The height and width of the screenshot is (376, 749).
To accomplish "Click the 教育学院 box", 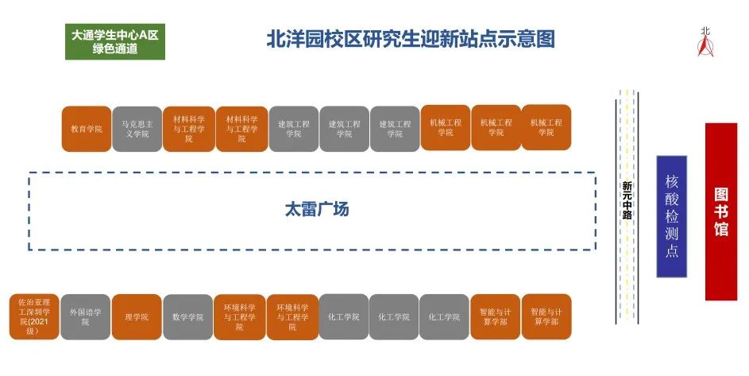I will point(87,128).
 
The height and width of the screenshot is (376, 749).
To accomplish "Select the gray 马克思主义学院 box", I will point(137,128).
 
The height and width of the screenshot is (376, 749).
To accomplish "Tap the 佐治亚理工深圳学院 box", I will point(34,316).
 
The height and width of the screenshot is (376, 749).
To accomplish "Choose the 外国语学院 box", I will point(85,316).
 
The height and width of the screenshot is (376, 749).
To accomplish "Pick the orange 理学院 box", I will point(137,316).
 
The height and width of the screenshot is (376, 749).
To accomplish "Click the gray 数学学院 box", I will point(187,316).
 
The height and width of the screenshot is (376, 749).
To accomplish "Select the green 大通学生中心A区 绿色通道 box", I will point(115,41).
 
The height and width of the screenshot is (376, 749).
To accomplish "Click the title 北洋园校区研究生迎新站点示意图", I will point(410,39).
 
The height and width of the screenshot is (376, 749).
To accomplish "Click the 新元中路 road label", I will point(627,200).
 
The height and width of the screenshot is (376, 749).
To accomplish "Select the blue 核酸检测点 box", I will point(671,215).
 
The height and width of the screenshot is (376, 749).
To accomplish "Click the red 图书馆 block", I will point(721,211).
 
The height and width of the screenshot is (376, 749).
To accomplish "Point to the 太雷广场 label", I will point(317,210).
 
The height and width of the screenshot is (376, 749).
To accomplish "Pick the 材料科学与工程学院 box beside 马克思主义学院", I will point(188,128).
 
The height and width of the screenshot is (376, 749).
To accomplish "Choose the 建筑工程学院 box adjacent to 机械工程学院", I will point(395,128).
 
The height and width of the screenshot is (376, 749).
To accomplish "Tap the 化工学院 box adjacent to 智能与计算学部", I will point(444,316).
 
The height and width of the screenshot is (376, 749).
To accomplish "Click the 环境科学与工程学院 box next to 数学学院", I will point(239,316).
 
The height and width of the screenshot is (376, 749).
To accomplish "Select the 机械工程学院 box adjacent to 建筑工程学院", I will point(446,128).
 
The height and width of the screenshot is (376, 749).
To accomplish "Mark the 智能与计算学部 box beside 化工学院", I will point(496,316).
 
